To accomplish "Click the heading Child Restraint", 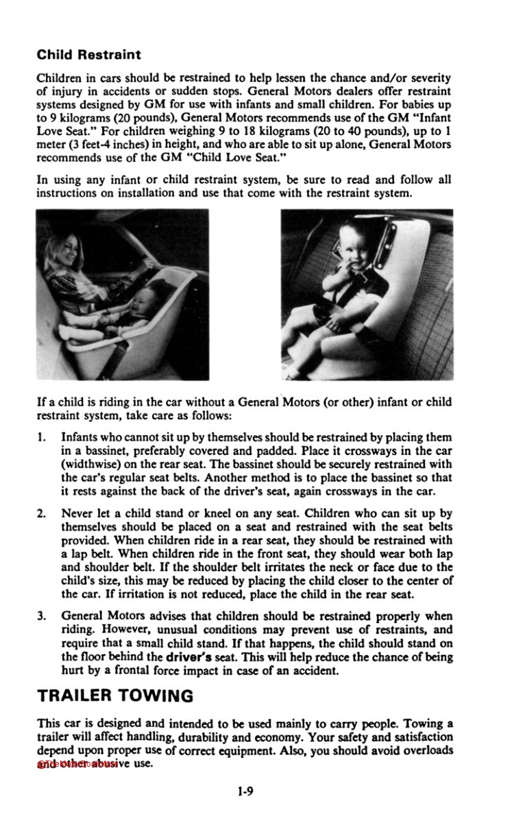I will (88, 54).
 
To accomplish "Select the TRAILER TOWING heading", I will (114, 695).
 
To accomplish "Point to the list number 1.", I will (41, 436).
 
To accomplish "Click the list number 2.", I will (41, 513).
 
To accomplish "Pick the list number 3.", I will (41, 616).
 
